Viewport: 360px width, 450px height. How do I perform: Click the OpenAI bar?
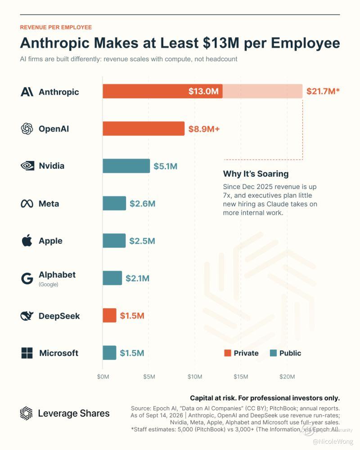pos(144,129)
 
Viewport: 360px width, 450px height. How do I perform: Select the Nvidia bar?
pos(126,166)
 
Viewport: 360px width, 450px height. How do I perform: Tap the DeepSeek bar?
pos(109,315)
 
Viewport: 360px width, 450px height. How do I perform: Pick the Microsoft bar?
pos(109,353)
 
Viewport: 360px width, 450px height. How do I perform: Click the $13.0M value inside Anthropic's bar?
pos(203,91)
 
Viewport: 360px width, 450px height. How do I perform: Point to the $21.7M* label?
pos(323,91)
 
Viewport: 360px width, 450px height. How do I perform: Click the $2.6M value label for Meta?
pos(142,203)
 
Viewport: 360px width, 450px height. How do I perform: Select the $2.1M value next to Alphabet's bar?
pos(138,278)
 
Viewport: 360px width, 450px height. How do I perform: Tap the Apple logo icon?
pos(27,240)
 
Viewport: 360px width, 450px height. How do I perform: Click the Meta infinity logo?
pos(27,204)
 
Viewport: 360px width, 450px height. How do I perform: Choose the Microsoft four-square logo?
pos(27,353)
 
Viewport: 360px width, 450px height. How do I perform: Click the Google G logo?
pos(27,279)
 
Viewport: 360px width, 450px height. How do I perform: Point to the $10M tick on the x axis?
pos(195,377)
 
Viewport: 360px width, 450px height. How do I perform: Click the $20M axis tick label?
pos(287,377)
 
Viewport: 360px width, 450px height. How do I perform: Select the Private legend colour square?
pos(228,353)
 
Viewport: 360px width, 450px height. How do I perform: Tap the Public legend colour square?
pos(273,353)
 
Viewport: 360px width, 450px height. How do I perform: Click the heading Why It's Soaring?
pos(256,174)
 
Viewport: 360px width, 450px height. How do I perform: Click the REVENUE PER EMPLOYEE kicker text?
pos(56,27)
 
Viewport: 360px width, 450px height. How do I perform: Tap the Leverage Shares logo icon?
pos(27,413)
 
